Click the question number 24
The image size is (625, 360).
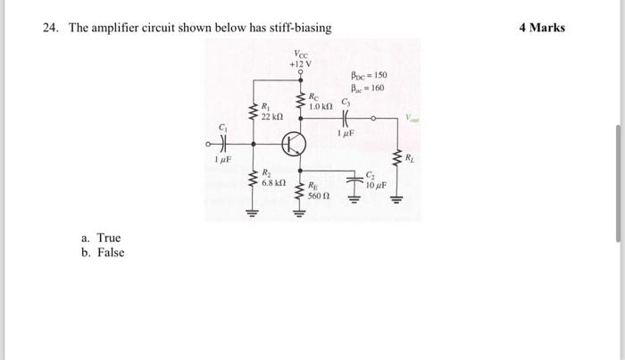(51, 28)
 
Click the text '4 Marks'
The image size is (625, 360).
(542, 28)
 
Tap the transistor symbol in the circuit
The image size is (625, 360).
(294, 143)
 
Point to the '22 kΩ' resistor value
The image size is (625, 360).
(271, 117)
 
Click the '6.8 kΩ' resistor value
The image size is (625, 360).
(273, 181)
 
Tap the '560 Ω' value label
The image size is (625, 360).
(319, 195)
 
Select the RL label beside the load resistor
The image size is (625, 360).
(410, 158)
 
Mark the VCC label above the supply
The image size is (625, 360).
(300, 54)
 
